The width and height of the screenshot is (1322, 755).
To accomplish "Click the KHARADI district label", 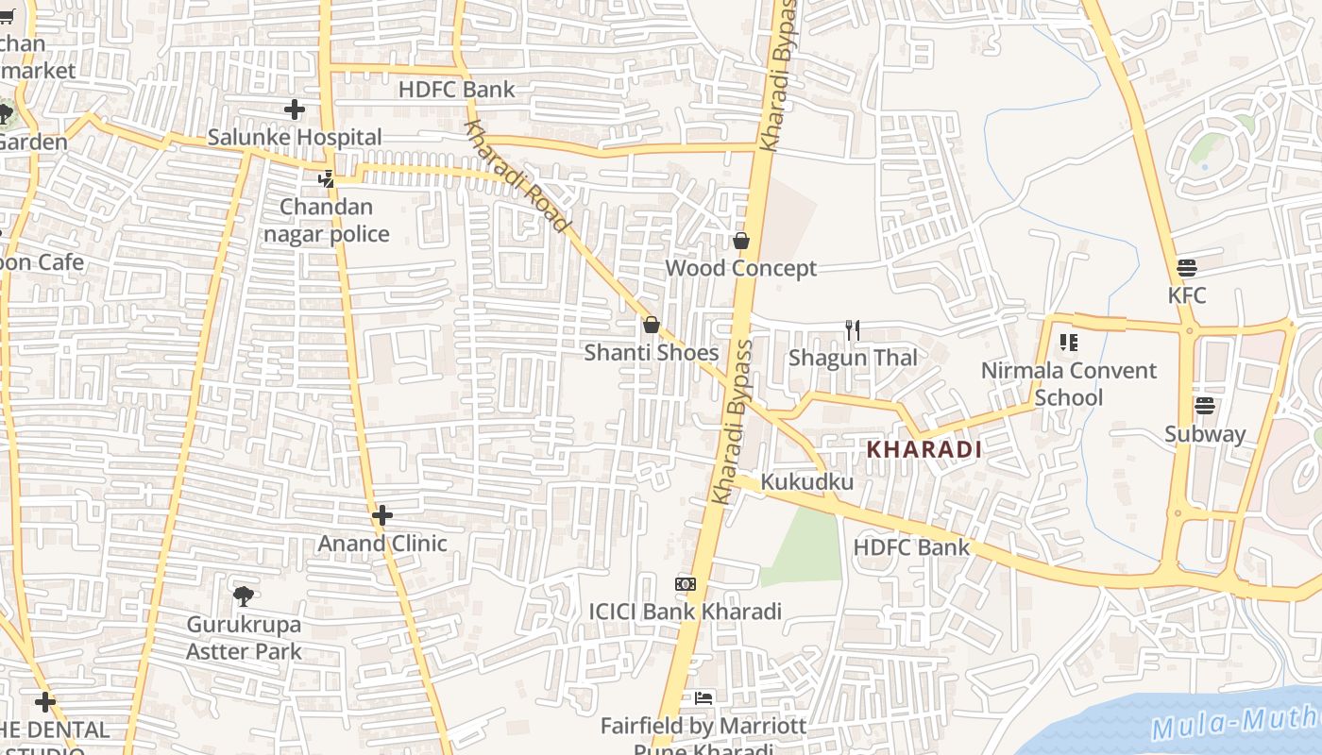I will tap(924, 450).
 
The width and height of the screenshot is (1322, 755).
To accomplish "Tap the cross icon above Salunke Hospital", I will tap(295, 109).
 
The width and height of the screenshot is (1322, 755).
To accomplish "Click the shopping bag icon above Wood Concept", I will tap(741, 241).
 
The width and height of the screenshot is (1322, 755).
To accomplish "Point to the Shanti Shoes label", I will tap(651, 353).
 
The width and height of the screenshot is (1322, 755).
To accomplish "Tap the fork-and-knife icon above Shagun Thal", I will tap(853, 329).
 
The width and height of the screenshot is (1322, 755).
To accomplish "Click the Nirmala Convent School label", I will tap(1068, 383).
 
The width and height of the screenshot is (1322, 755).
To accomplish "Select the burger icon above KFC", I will tap(1187, 268).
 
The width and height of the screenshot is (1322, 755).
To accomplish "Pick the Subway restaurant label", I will tap(1204, 434).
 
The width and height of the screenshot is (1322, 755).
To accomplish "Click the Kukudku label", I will tap(806, 482).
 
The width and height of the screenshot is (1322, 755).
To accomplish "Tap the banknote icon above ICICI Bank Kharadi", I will tap(686, 584).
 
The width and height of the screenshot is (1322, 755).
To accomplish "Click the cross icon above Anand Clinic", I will tap(381, 515).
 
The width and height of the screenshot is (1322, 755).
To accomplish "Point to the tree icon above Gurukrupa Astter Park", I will tap(244, 596).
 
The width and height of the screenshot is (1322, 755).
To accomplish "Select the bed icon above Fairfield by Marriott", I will tap(703, 698).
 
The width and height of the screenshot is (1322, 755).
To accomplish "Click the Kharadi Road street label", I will tap(517, 176).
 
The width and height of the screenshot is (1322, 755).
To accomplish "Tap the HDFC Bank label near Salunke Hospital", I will tap(457, 90).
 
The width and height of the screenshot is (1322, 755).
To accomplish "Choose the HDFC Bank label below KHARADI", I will tap(911, 547).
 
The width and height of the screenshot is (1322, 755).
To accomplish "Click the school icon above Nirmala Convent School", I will tap(1068, 342).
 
